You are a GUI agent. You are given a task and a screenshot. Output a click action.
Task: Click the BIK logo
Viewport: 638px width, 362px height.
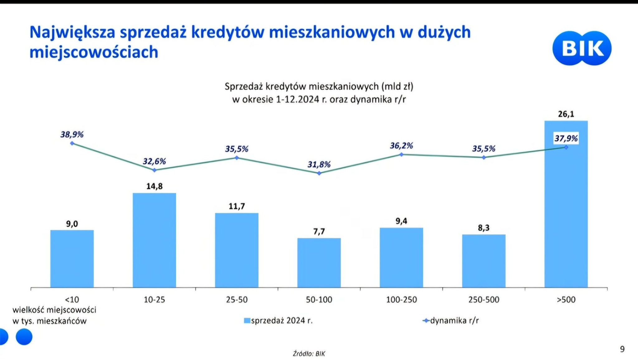582,48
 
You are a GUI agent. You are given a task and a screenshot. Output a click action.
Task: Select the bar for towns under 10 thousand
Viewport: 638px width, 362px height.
72,258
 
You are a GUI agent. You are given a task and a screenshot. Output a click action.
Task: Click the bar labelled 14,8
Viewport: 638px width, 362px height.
154,240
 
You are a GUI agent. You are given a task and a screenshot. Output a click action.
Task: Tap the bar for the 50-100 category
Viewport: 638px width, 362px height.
319,263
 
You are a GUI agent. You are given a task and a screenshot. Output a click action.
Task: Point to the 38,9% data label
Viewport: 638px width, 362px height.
72,134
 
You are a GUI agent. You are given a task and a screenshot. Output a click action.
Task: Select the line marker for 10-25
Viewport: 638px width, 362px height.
155,170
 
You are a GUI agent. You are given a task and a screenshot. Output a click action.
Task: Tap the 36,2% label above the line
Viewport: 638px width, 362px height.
401,146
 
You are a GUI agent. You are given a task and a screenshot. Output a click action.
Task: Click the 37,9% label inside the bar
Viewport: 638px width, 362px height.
566,138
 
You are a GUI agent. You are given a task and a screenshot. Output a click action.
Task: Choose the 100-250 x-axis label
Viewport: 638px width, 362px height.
401,300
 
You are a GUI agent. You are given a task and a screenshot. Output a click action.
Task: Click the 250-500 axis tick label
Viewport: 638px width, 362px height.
483,300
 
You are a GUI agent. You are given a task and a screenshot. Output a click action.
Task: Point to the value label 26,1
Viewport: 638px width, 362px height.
566,114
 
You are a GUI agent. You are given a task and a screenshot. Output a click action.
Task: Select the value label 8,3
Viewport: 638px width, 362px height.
483,228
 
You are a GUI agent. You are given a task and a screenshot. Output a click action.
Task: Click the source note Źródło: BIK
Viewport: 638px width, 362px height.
309,354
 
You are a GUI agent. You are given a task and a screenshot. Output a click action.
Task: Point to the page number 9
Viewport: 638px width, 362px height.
622,349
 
